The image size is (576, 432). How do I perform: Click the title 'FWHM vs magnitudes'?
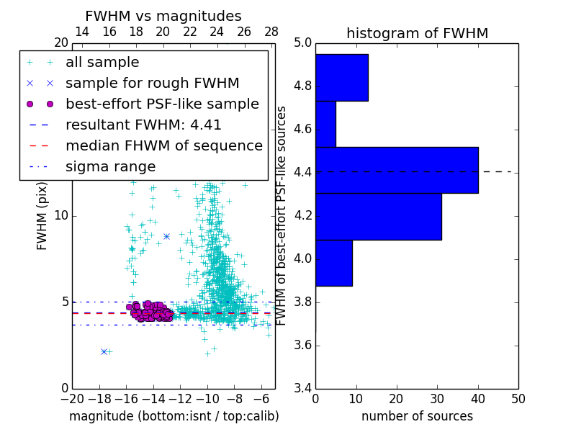pos(163,17)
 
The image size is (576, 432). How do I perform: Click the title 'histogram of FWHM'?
pos(417,34)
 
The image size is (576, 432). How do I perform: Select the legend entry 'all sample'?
pos(102,63)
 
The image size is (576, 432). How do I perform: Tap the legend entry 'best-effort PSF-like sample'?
pos(162,104)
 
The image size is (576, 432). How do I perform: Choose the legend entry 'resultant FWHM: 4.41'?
pos(143,125)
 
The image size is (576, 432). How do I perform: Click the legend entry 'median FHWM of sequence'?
pos(163,146)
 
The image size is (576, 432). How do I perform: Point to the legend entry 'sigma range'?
pos(110,167)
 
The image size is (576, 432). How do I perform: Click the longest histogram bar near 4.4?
pos(397,170)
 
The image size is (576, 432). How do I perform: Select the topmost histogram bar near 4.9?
pos(341,78)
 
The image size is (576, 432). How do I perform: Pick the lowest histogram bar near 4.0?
pos(333,263)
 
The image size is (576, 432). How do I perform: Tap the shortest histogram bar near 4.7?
pos(325,124)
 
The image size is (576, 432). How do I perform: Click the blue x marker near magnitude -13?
pos(166,236)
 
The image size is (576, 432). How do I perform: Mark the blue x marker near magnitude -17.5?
pos(104,351)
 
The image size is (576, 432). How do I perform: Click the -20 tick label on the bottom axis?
pos(72,400)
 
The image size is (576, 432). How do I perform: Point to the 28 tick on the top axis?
pos(271,32)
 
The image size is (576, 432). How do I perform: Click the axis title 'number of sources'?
pos(417,416)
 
